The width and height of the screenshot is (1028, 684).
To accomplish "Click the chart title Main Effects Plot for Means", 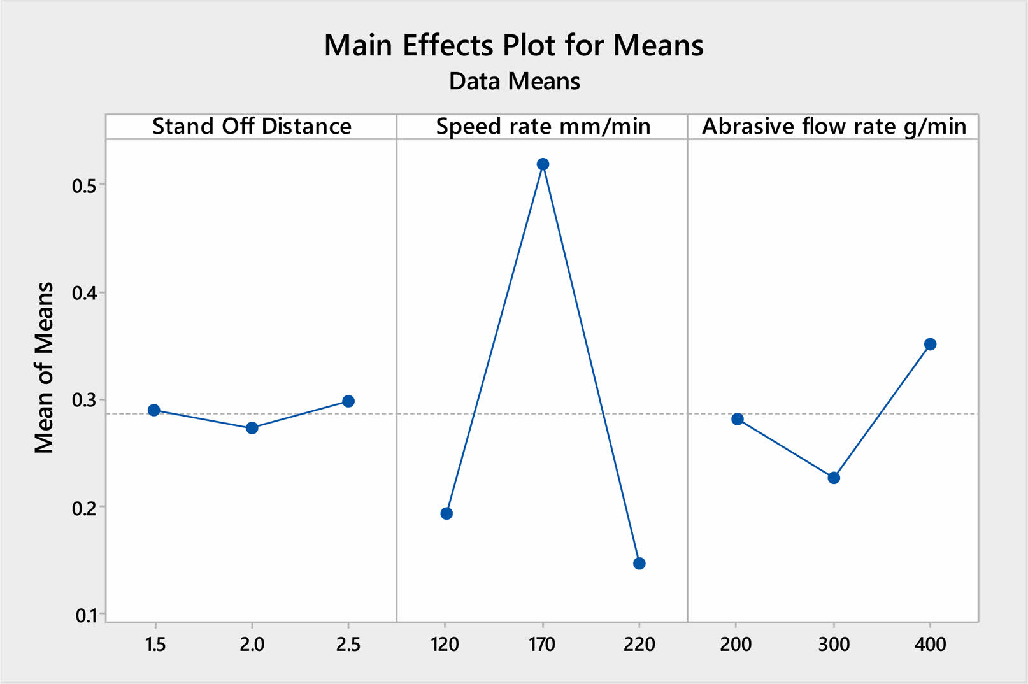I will (x=514, y=45).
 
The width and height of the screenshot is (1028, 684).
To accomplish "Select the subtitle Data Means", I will (x=514, y=82).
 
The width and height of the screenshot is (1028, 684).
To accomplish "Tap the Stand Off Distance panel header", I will (x=252, y=126).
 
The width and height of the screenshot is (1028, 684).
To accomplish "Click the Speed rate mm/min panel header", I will (x=543, y=126).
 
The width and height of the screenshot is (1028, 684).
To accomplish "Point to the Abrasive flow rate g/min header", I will (x=834, y=126).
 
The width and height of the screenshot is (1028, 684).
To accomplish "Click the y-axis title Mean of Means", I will (x=44, y=367).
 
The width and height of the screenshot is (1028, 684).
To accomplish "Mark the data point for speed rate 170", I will (x=543, y=164).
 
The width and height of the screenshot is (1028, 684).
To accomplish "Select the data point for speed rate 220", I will (x=639, y=563).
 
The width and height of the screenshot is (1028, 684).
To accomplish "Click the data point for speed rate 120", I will (x=446, y=513).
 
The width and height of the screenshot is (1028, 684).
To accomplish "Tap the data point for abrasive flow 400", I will (x=930, y=344).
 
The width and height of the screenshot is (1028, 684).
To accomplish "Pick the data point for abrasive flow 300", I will (x=834, y=478).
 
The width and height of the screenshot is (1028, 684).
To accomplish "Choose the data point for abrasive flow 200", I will (x=738, y=419).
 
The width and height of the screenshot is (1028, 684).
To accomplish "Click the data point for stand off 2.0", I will (x=252, y=428).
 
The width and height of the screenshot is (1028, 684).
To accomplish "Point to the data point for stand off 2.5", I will (x=348, y=401).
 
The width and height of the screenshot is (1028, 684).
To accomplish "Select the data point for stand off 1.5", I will (x=154, y=410).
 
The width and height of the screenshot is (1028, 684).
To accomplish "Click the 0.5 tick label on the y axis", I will (x=84, y=186).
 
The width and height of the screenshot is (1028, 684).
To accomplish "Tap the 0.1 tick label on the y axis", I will (x=85, y=616).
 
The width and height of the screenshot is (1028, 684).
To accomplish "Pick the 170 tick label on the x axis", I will (x=542, y=645).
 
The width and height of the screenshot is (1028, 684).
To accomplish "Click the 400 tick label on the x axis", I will (x=930, y=645).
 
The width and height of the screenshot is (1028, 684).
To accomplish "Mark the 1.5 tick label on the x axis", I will (x=155, y=645).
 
